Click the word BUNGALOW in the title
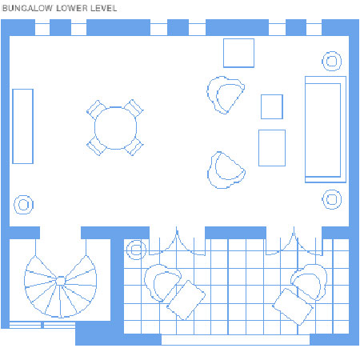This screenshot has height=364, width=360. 27,8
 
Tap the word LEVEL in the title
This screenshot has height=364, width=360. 103,8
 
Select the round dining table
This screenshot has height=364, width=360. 115,128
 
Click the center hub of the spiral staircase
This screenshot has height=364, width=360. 61,281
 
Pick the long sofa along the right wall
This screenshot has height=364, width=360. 326,130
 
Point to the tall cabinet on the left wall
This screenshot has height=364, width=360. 22,126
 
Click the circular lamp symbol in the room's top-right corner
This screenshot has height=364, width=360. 331,61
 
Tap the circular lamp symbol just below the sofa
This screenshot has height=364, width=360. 332,199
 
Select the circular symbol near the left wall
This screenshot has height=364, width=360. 23,205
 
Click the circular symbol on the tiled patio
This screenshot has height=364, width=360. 136,250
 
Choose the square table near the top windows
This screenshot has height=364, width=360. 238,53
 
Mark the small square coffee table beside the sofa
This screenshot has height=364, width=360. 272,106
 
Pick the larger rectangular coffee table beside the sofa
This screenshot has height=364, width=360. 272,148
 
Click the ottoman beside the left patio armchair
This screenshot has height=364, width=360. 186,300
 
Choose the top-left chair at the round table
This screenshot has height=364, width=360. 96,110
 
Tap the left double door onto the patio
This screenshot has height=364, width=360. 177,242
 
